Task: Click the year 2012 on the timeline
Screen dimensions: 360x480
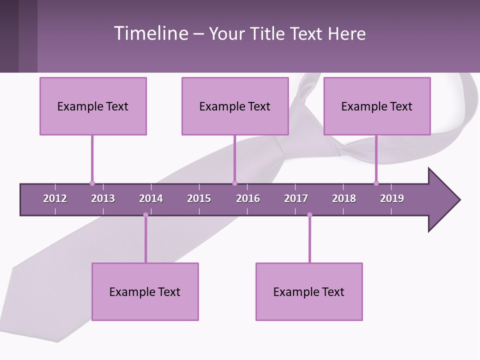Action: (55, 198)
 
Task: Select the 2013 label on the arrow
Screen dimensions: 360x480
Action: (103, 198)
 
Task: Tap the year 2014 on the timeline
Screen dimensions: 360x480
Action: (151, 198)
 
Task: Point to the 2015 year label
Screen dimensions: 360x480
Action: (199, 198)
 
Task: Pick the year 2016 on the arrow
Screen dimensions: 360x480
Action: (248, 198)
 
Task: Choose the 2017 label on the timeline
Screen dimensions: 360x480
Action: (296, 198)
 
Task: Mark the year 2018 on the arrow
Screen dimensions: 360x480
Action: (344, 198)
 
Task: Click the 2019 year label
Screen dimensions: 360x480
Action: (392, 198)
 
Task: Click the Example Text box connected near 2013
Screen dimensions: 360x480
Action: (93, 106)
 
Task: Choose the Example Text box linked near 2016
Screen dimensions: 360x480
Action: (235, 106)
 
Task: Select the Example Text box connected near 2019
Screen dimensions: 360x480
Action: (377, 106)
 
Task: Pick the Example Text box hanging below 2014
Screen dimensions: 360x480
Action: (145, 291)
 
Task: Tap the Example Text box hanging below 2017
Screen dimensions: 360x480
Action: (309, 291)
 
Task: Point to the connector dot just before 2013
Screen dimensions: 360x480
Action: (92, 183)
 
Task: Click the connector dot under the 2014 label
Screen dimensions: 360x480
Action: (145, 215)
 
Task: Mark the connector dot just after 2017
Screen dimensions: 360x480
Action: (309, 215)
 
